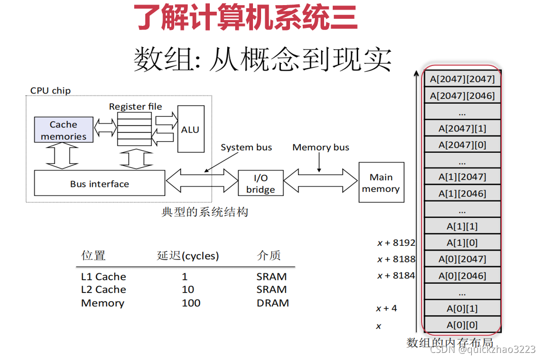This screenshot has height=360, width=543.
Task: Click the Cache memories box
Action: coord(63,130)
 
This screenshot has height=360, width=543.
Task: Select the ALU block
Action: coord(190,129)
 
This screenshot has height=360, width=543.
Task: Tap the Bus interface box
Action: coord(100,184)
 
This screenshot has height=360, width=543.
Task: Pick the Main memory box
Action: coord(381,183)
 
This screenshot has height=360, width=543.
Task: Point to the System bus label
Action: coord(246,147)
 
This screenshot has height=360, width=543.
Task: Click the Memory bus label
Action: coord(321,147)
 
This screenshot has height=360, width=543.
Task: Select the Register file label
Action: coord(135,106)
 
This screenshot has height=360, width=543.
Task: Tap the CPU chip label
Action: coord(50,90)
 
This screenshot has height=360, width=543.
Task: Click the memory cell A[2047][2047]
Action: coord(462,79)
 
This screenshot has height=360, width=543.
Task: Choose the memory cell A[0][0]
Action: coord(462,325)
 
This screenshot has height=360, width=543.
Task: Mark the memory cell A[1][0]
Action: coord(462,243)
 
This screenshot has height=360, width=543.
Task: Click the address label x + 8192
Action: coord(396,243)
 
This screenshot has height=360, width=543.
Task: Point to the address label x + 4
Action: coord(387,308)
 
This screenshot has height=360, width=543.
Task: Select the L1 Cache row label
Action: coord(104,277)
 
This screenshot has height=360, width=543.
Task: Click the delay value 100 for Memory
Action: coord(191,303)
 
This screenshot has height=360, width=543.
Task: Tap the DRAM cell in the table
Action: coord(273,303)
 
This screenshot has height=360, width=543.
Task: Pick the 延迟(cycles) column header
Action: coord(188,255)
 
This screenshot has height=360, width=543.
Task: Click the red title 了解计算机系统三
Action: coord(246,18)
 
